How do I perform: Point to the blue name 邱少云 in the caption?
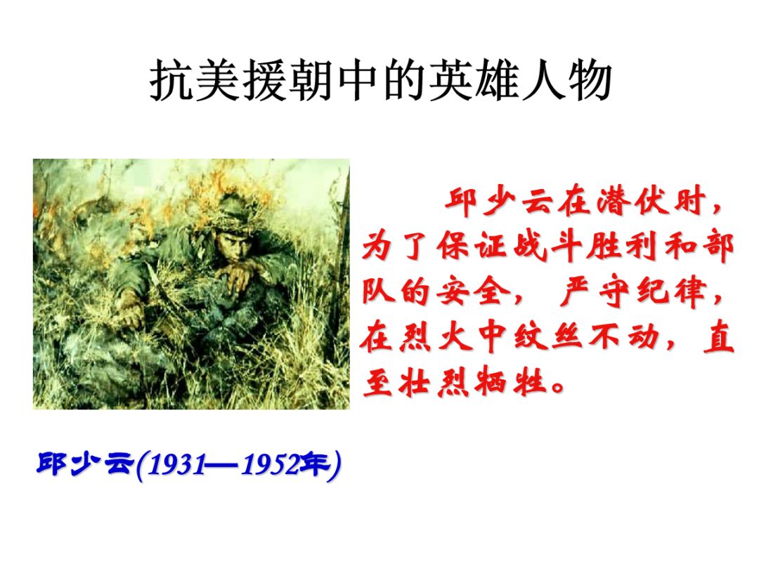click(84, 465)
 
